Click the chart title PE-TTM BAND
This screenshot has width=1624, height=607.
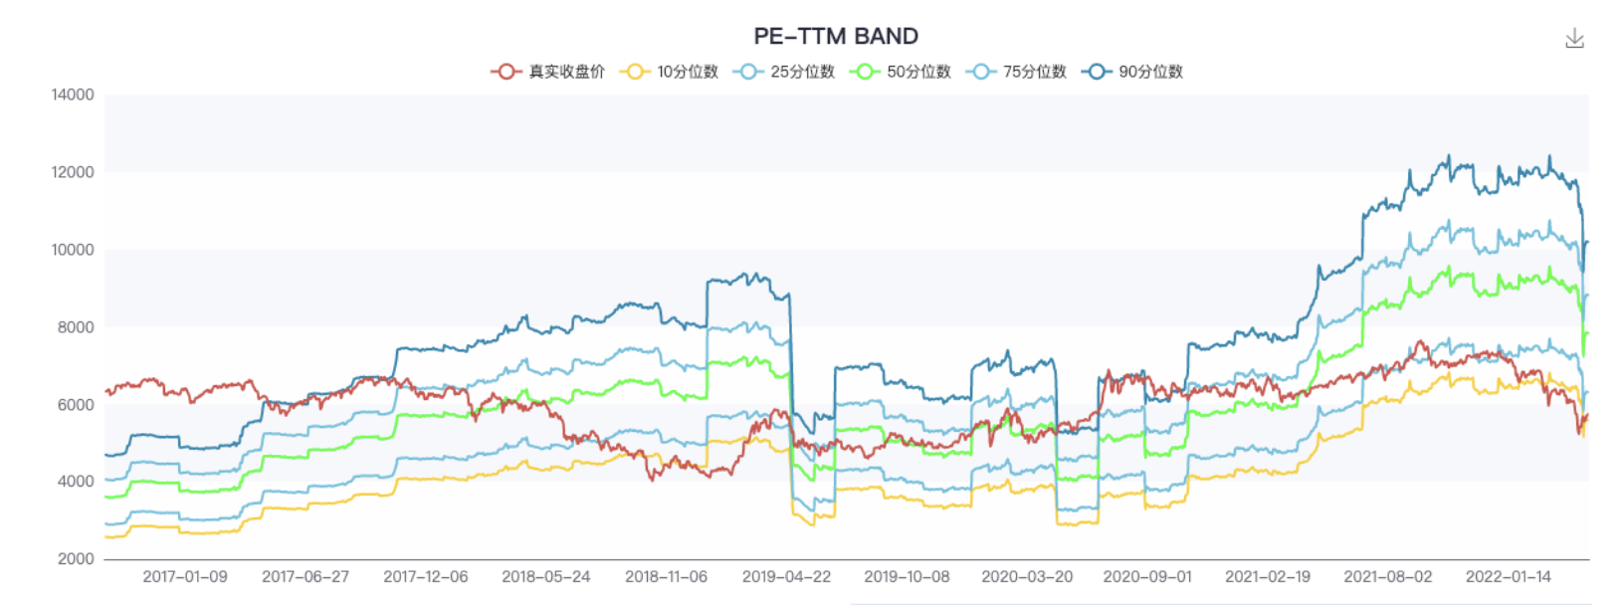835,36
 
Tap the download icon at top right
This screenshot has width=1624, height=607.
1574,39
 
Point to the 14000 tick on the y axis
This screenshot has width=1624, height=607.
73,95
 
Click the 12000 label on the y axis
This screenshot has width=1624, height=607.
73,172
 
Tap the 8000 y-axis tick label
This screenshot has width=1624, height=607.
76,327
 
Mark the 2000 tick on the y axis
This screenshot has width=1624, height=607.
76,559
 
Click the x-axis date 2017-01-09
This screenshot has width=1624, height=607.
185,577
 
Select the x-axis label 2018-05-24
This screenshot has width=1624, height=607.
545,577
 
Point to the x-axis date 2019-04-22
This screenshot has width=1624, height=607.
786,577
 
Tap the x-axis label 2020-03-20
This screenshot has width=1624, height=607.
1027,577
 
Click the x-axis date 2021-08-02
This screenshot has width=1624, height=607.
1388,577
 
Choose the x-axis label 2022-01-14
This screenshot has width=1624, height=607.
1508,577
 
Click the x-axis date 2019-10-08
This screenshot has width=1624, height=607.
907,577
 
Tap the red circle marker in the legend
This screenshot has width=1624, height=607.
506,72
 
